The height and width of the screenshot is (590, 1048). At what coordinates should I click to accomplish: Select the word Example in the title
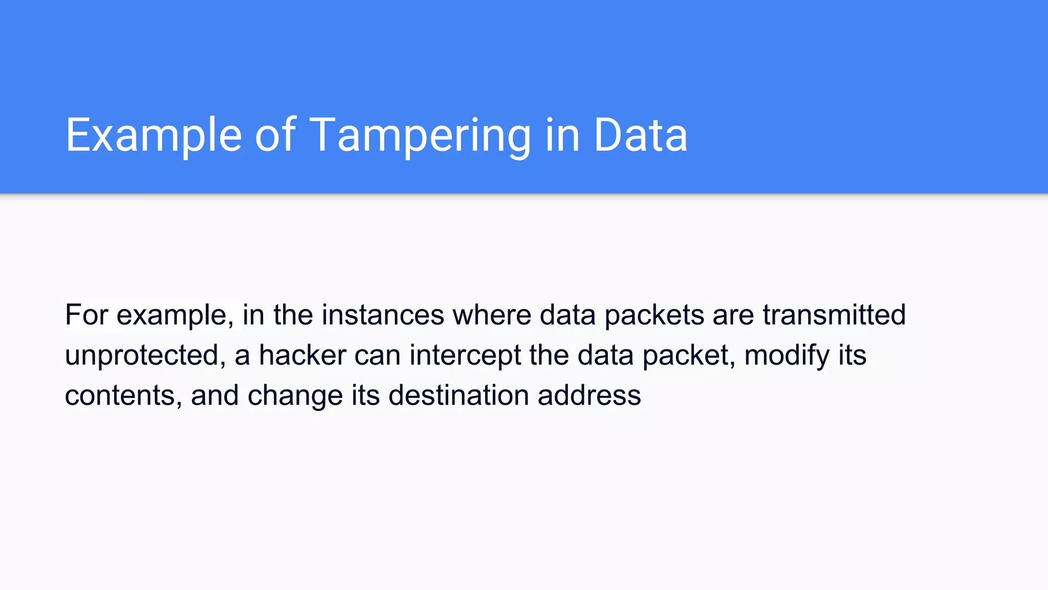154,135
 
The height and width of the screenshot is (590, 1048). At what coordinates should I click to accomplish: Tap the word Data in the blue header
640,135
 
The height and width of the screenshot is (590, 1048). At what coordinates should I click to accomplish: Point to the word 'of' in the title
275,135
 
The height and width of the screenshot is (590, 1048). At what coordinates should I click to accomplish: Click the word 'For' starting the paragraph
86,314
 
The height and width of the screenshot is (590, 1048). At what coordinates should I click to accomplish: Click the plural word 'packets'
654,315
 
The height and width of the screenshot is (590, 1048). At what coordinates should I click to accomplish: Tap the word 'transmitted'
834,314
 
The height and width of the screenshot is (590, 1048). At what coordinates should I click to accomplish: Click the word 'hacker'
302,355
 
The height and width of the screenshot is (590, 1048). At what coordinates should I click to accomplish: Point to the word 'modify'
787,355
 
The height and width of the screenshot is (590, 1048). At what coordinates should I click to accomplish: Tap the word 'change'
295,396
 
